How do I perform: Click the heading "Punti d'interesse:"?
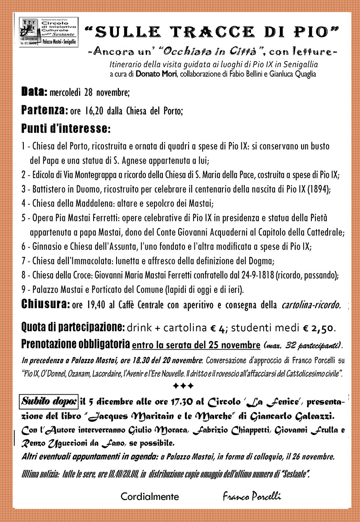pyautogui.click(x=66, y=128)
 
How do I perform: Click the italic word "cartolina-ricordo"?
pyautogui.click(x=310, y=306)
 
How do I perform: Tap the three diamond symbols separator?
pyautogui.click(x=183, y=386)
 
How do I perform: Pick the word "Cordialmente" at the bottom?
pyautogui.click(x=149, y=497)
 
